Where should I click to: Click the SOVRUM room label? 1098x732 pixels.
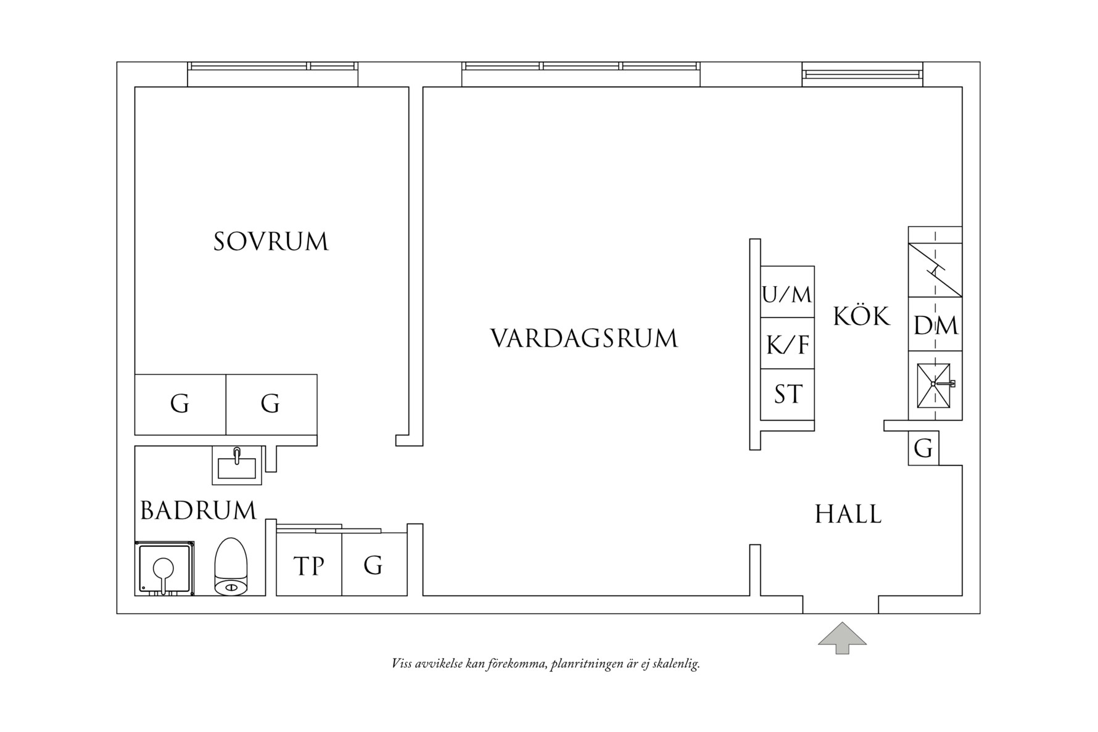tap(271, 241)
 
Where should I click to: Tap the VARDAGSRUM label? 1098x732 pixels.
tap(584, 339)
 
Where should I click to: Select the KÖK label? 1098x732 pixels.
tap(861, 316)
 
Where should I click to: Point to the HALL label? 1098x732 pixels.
tap(848, 514)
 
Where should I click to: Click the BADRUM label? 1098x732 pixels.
tap(198, 511)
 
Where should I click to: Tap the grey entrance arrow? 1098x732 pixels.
tap(842, 638)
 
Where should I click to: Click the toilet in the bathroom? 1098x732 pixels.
tap(231, 567)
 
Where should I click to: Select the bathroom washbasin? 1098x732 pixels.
tap(237, 464)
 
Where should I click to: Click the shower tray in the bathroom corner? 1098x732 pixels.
tap(164, 569)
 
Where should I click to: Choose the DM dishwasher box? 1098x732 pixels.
tap(935, 325)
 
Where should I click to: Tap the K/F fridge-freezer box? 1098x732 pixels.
tap(787, 344)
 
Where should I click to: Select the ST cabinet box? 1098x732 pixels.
tap(787, 395)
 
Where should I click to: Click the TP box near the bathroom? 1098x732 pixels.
tap(308, 565)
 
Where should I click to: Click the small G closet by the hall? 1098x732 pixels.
tap(923, 448)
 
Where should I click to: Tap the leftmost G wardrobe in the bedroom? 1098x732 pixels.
tap(180, 405)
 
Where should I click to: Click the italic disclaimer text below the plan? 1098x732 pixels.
tap(545, 664)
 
